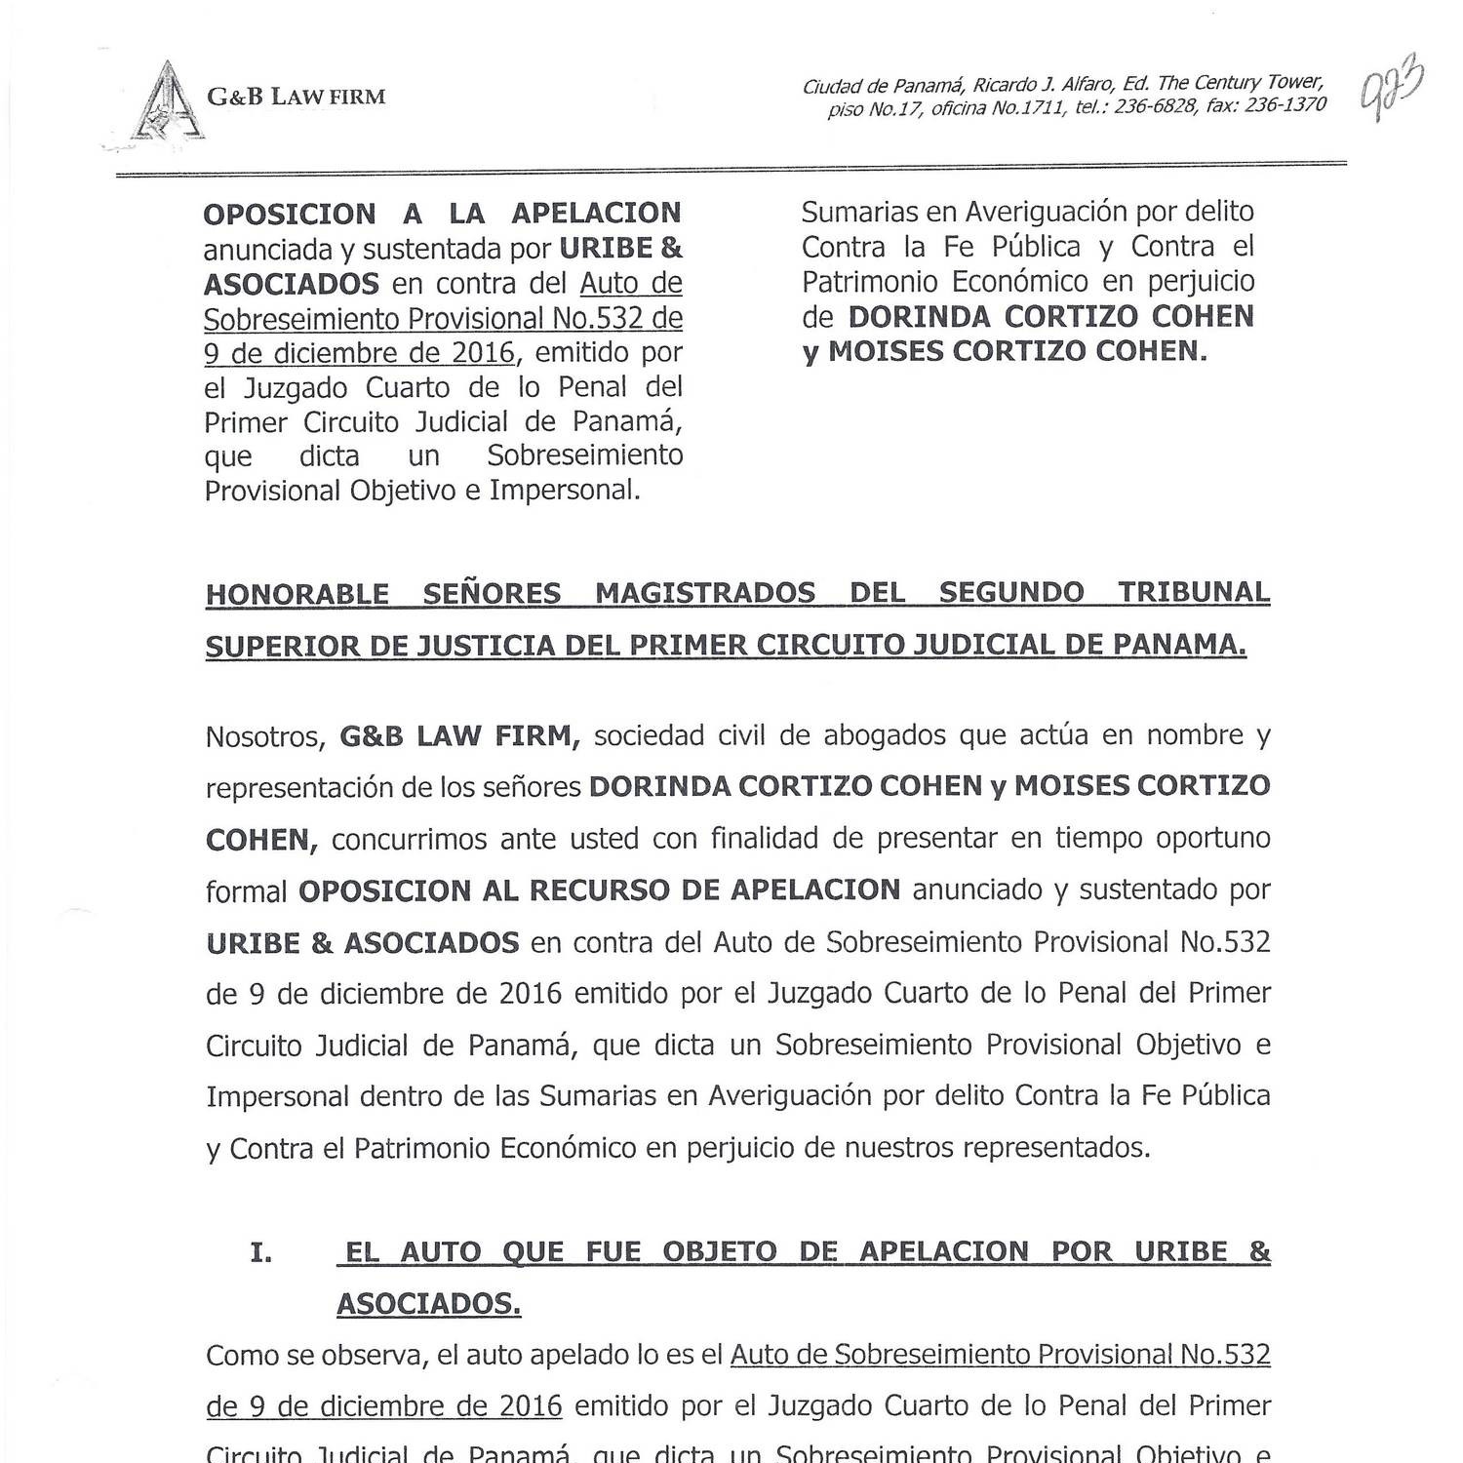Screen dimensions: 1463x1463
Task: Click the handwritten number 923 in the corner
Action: tap(1392, 88)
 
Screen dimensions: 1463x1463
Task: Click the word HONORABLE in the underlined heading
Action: tap(297, 594)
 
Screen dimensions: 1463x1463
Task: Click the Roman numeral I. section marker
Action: tap(260, 1252)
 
